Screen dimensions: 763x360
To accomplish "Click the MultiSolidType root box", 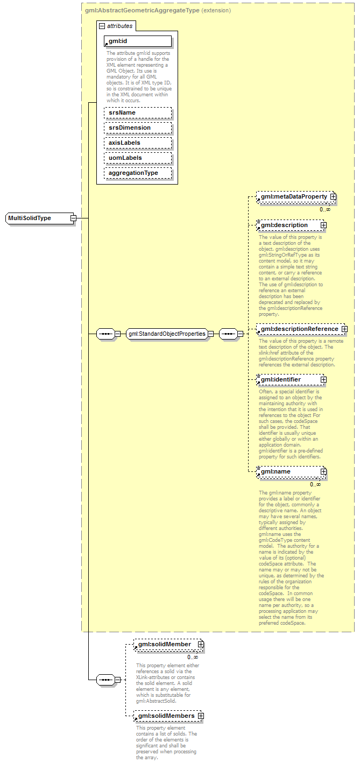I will coord(37,218).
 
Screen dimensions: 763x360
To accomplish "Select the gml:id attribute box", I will coord(138,41).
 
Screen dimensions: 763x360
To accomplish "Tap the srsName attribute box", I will coord(138,112).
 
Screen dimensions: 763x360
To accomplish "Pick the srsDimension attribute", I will coord(138,128).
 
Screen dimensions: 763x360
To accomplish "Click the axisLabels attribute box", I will coord(138,143).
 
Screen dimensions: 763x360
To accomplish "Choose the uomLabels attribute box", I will coord(138,158).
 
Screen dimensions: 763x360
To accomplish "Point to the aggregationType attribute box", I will coord(138,173).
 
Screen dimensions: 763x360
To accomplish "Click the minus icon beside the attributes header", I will coord(102,26).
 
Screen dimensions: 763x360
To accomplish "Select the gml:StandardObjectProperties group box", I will coord(167,334).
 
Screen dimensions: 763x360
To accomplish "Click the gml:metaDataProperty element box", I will coord(293,197).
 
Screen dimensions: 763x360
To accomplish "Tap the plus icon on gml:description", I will coord(323,225).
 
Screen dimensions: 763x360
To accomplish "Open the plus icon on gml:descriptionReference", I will coord(344,329).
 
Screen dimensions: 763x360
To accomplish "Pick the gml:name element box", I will coord(290,472).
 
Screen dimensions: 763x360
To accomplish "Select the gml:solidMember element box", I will coord(165,644).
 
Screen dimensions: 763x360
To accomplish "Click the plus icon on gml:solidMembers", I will coord(201,716).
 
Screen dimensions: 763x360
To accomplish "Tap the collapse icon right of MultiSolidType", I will coord(73,218).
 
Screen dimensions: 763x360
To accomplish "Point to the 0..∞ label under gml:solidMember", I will coord(193,657).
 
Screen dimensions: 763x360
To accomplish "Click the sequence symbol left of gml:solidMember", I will coord(105,680).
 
